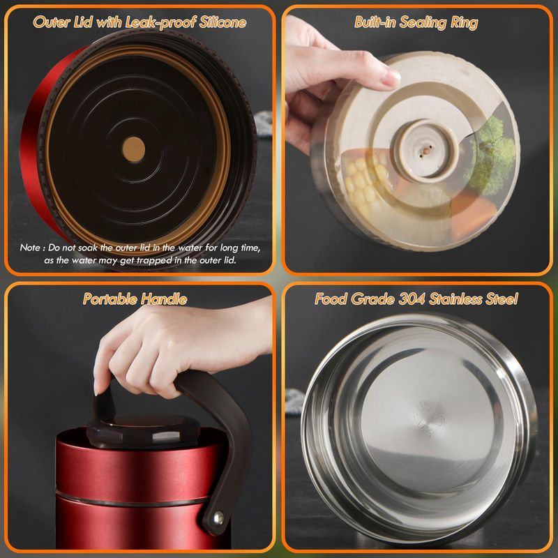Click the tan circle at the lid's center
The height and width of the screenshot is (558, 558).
[x=133, y=149]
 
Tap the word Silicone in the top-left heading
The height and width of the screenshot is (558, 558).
[x=223, y=22]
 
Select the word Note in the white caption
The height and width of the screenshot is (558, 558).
[x=30, y=248]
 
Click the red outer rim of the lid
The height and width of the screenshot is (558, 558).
[x=33, y=142]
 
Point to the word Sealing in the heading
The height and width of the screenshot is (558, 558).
[x=423, y=23]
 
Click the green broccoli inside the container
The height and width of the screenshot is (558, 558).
[x=490, y=156]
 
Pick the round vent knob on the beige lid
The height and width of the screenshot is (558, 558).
[x=425, y=149]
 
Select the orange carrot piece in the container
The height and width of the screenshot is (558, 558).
[x=474, y=213]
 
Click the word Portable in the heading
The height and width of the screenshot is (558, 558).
[x=110, y=299]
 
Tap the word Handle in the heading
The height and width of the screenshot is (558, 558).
[x=164, y=299]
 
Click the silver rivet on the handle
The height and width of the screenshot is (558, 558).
[x=218, y=517]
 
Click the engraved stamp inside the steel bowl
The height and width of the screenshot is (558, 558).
[x=428, y=418]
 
